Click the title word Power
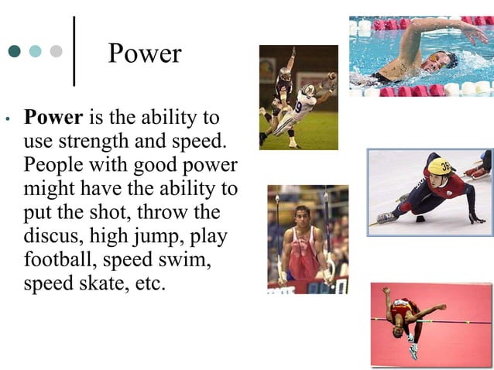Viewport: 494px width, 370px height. [145, 53]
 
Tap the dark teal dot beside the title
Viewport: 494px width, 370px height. [15, 52]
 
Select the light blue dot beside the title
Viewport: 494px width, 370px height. [35, 52]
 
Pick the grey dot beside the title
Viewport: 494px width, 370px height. [55, 52]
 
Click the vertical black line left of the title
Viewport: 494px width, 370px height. [74, 50]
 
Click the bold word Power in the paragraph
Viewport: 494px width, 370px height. [53, 118]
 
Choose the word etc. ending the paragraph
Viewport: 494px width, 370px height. [150, 283]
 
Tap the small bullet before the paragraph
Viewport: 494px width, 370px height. [7, 121]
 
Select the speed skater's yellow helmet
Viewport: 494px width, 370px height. [440, 166]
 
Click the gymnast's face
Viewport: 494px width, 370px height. [303, 213]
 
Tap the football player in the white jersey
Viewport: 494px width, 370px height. [304, 104]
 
